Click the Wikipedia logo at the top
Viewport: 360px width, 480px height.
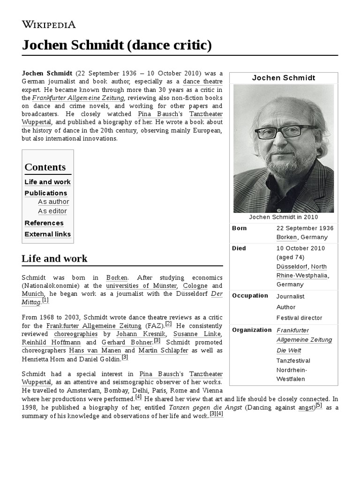[49, 24]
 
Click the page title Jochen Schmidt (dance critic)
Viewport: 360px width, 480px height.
[117, 45]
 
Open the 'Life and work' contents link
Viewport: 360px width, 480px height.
[47, 182]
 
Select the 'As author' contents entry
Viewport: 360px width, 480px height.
[53, 202]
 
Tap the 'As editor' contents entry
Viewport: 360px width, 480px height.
[52, 211]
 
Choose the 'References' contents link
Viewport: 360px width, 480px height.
[44, 223]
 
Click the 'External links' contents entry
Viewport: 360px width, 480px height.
[47, 234]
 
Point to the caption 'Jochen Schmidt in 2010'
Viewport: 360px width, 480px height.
[284, 217]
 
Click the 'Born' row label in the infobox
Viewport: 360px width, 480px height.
[239, 228]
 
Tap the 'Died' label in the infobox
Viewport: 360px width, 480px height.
[239, 248]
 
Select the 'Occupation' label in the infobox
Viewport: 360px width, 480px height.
[250, 296]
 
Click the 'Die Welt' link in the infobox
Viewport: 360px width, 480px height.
[289, 350]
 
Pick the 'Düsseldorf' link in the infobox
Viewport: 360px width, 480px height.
[292, 267]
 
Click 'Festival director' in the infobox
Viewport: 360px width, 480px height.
[299, 318]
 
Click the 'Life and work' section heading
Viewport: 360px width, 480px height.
[54, 258]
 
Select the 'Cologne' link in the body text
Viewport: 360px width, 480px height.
[195, 285]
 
